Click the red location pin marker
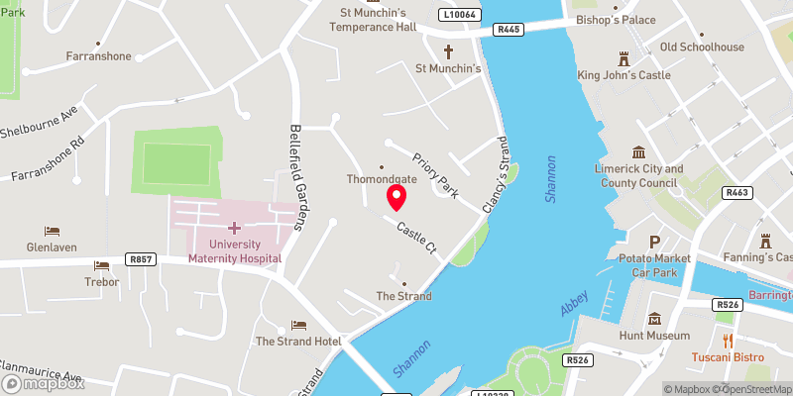396,197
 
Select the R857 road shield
142,258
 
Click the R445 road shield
510,30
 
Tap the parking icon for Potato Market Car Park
654,243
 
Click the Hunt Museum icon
655,319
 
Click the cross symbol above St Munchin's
447,50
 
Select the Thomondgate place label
381,180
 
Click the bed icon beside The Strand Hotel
298,325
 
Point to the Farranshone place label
98,56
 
